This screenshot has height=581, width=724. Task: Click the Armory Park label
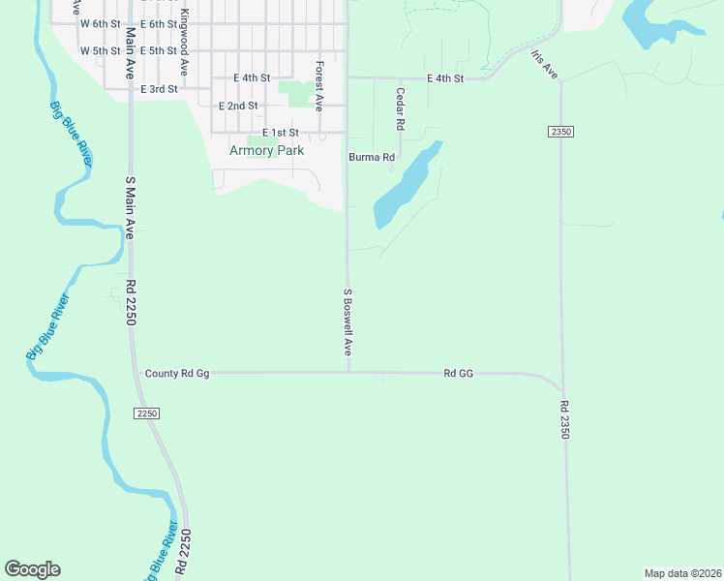point(266,150)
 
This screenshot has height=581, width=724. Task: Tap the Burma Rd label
point(373,157)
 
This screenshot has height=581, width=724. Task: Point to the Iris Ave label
point(545,64)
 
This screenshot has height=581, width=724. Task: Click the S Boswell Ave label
point(347,321)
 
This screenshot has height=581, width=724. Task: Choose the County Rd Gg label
point(176,373)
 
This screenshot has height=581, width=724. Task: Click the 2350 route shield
point(560,131)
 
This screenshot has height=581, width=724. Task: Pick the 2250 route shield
point(146,413)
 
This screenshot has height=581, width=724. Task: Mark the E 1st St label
point(280,133)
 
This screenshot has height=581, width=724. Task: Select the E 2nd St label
point(238,106)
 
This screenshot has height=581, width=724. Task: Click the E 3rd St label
point(160,89)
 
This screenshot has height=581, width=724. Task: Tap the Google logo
point(32,569)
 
